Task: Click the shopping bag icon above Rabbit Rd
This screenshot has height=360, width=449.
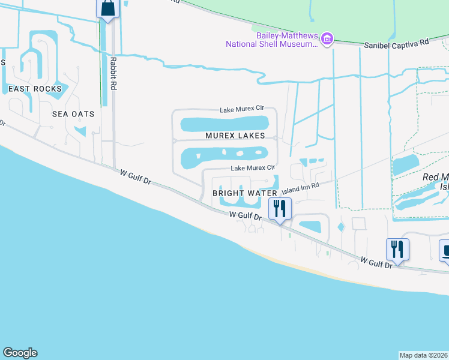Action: (x=107, y=9)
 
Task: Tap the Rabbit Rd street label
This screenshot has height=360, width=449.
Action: (x=112, y=73)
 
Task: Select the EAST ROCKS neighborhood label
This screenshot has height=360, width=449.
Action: (x=35, y=89)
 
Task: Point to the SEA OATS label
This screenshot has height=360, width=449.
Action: (x=73, y=114)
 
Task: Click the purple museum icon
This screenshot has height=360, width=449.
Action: (x=327, y=40)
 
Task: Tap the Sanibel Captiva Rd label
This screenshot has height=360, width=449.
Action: (x=397, y=44)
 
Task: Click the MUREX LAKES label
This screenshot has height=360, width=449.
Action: (x=235, y=136)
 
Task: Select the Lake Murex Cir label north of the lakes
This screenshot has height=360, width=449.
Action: (x=241, y=109)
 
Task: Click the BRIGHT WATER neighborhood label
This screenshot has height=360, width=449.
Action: (x=245, y=193)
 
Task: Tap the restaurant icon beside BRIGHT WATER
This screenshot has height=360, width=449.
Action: (x=280, y=210)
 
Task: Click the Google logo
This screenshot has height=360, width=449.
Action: (x=20, y=353)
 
